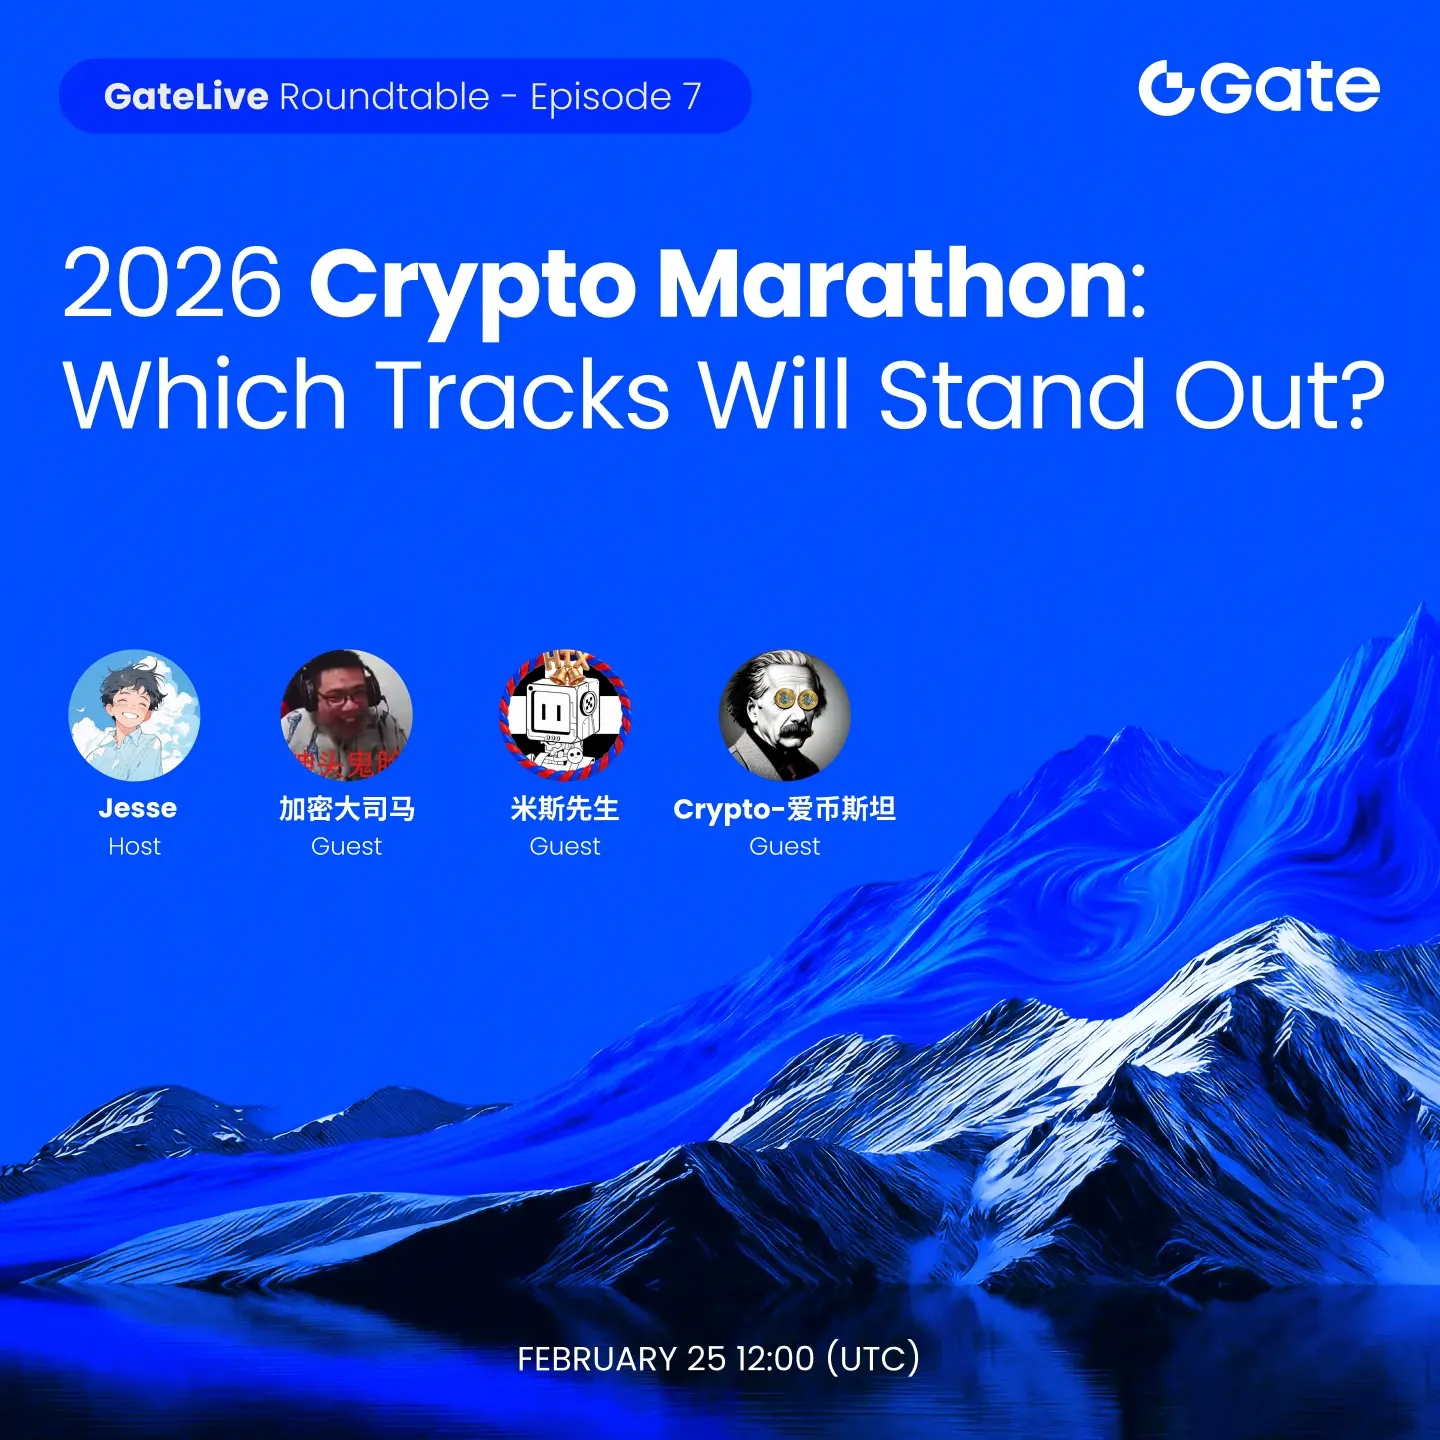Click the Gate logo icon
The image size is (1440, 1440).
[1167, 88]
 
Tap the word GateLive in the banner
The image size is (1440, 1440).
[186, 96]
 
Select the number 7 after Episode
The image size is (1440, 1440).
[692, 96]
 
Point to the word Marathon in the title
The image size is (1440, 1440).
[892, 284]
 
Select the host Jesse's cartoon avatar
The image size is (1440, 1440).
[135, 715]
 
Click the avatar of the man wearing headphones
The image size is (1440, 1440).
[346, 715]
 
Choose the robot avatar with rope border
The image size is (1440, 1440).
[565, 715]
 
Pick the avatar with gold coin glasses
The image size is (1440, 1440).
[785, 715]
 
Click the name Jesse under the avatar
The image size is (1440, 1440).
[137, 808]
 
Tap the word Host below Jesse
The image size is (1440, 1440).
[135, 846]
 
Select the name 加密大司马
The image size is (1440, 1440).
[347, 809]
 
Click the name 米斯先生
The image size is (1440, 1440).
[565, 809]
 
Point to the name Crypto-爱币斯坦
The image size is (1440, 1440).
[785, 809]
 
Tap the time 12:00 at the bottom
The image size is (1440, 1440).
[775, 1359]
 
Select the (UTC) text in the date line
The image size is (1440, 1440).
[873, 1359]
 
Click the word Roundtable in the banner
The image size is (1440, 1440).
[385, 96]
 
